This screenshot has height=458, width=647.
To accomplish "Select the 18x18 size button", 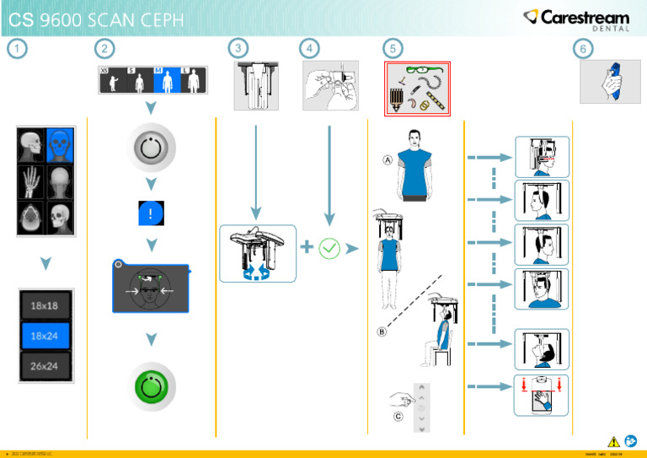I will (45, 305).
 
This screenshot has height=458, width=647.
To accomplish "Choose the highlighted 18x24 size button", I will (45, 335).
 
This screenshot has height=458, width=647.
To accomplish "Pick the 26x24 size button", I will (45, 365).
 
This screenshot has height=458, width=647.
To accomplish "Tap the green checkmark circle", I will (329, 248).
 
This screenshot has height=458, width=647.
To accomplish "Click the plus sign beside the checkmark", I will (307, 247).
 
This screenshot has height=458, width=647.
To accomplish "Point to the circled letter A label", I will (388, 160).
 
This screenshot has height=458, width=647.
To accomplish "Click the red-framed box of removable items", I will (418, 89).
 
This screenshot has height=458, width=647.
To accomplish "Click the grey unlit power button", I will (151, 149).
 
